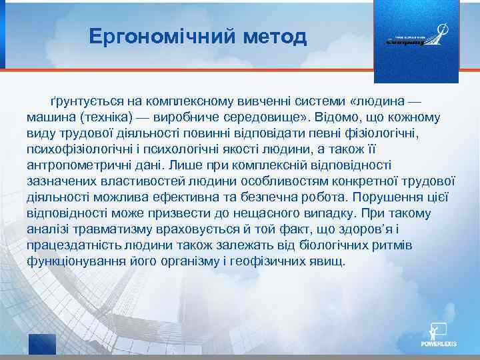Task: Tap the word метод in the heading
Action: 273,36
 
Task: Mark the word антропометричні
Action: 73,164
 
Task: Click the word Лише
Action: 181,164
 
